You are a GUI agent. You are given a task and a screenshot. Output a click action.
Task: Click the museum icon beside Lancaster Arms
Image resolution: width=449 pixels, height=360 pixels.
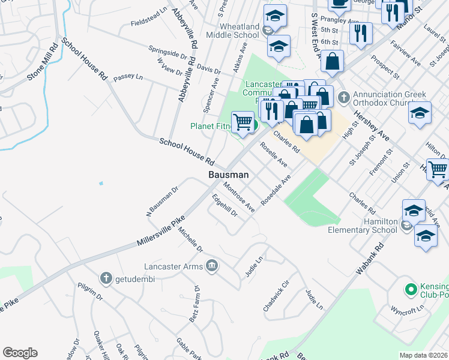[x=211, y=265]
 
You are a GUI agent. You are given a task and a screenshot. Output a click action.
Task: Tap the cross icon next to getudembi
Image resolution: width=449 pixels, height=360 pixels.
[x=106, y=278]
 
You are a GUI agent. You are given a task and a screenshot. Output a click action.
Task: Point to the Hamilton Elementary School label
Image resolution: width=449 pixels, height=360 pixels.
[x=363, y=226]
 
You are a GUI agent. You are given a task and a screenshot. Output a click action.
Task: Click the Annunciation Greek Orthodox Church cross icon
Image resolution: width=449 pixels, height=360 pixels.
[x=344, y=96]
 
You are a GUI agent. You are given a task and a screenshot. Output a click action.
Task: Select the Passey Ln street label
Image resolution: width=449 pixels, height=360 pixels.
[x=128, y=77]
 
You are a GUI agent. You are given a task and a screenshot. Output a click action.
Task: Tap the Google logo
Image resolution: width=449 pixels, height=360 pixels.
[x=20, y=353]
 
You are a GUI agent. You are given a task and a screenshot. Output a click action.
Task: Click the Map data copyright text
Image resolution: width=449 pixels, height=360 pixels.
[x=423, y=355]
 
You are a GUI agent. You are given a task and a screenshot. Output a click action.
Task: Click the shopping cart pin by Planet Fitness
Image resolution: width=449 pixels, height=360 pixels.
[x=243, y=121]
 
